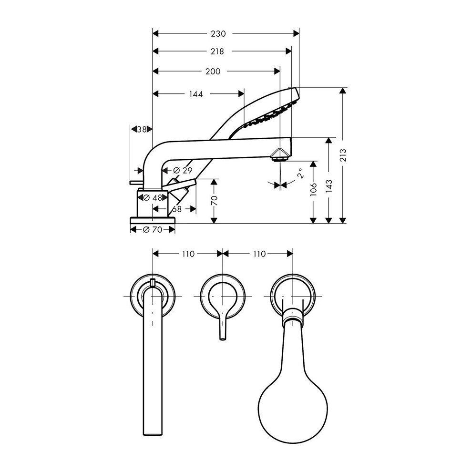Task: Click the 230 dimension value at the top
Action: [x=218, y=34]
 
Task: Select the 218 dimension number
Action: [x=217, y=51]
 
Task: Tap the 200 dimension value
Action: [x=213, y=72]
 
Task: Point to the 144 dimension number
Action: [x=196, y=94]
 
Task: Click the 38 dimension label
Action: [x=142, y=129]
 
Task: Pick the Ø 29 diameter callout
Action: [x=183, y=170]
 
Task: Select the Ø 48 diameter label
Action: [x=153, y=198]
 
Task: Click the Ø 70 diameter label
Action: [x=153, y=230]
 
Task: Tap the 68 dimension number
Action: [x=177, y=209]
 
